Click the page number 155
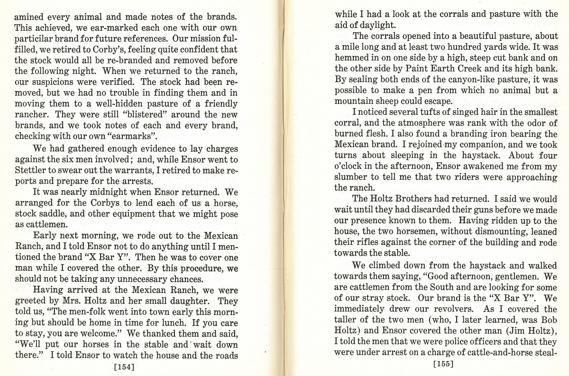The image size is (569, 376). (443, 364)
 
